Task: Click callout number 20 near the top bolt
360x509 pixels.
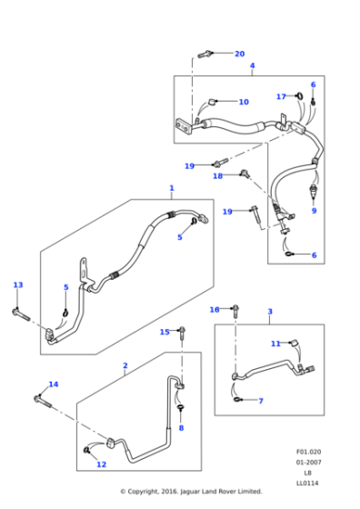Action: click(x=239, y=54)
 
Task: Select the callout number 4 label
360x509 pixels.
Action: click(x=252, y=65)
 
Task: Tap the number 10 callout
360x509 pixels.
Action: click(x=244, y=102)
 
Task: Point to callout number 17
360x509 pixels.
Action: click(x=281, y=95)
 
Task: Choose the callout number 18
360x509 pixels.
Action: click(x=217, y=175)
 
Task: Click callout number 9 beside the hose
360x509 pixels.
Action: click(x=314, y=211)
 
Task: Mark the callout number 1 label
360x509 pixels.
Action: click(x=171, y=188)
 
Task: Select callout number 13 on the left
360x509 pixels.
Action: click(x=17, y=284)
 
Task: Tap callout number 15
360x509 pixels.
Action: click(x=165, y=332)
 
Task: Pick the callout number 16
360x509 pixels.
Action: click(x=215, y=309)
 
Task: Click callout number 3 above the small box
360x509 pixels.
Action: click(x=269, y=312)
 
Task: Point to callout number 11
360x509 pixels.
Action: click(x=275, y=344)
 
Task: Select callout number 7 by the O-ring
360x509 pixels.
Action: click(x=260, y=401)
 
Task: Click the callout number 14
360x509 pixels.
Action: click(x=53, y=384)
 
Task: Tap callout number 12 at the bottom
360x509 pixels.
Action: click(x=101, y=464)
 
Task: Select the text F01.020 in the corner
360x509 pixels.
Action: click(x=308, y=452)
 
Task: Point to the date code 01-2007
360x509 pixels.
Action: click(x=308, y=462)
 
